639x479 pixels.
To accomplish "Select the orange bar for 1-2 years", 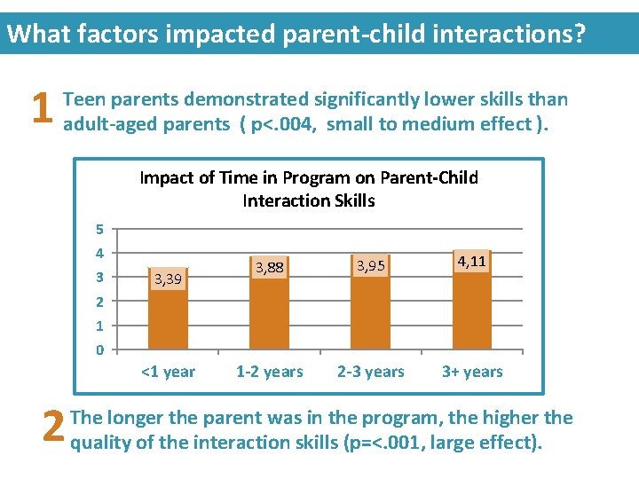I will [x=269, y=310].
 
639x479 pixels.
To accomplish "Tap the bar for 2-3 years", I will [x=370, y=310].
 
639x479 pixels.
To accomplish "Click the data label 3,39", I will [x=168, y=279].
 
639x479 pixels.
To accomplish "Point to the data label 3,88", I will [x=269, y=266].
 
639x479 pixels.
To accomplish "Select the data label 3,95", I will [x=370, y=264].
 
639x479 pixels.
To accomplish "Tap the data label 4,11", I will [x=471, y=261].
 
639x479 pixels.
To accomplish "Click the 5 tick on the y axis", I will [x=100, y=229].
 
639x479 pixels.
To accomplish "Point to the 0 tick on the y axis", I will [x=100, y=349].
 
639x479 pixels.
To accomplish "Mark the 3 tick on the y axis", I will [x=100, y=278].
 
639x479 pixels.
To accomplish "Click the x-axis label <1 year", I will [x=168, y=372].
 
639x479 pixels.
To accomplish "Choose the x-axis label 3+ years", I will [x=472, y=372].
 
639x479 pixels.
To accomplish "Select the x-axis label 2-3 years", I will [x=371, y=372].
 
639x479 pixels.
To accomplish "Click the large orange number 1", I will [x=38, y=111].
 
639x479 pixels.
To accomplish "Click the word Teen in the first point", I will [x=84, y=99].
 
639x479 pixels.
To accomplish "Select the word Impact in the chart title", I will [x=168, y=177].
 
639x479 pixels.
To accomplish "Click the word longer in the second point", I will [x=133, y=418].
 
